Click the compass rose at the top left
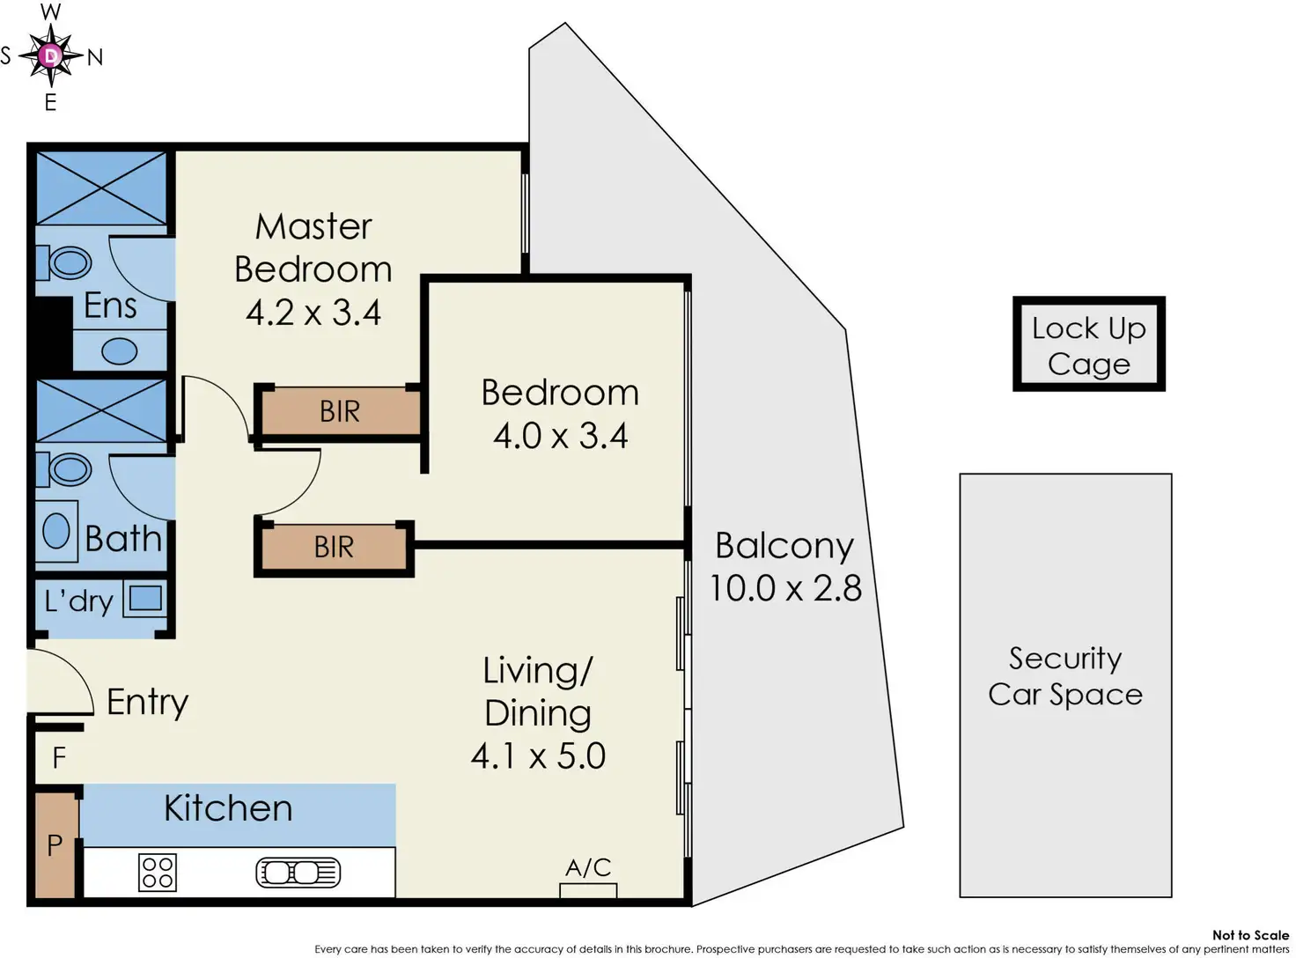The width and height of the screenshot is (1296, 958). click(x=51, y=56)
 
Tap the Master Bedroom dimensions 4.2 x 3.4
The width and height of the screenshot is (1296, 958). click(x=313, y=313)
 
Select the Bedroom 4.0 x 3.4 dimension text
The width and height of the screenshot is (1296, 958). click(x=560, y=436)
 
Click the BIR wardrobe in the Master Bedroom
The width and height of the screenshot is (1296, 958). click(x=340, y=411)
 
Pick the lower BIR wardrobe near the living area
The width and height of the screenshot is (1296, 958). click(x=334, y=547)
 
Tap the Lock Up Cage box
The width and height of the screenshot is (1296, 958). click(x=1089, y=344)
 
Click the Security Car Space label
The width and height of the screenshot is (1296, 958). click(x=1065, y=676)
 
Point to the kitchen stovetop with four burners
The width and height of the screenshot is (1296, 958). click(x=158, y=873)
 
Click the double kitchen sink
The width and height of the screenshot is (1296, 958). click(x=298, y=873)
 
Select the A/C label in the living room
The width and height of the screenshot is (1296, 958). click(x=588, y=868)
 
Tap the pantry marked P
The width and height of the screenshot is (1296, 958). click(x=55, y=845)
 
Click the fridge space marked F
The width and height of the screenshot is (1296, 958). click(x=59, y=757)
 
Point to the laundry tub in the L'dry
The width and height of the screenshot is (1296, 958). click(x=145, y=599)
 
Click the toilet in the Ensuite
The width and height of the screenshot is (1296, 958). click(x=66, y=262)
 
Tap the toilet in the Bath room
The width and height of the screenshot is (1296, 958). click(x=66, y=469)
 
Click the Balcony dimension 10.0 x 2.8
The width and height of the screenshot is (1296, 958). click(x=785, y=588)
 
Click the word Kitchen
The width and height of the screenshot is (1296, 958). click(x=228, y=808)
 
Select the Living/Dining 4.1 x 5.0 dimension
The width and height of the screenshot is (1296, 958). click(x=538, y=756)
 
